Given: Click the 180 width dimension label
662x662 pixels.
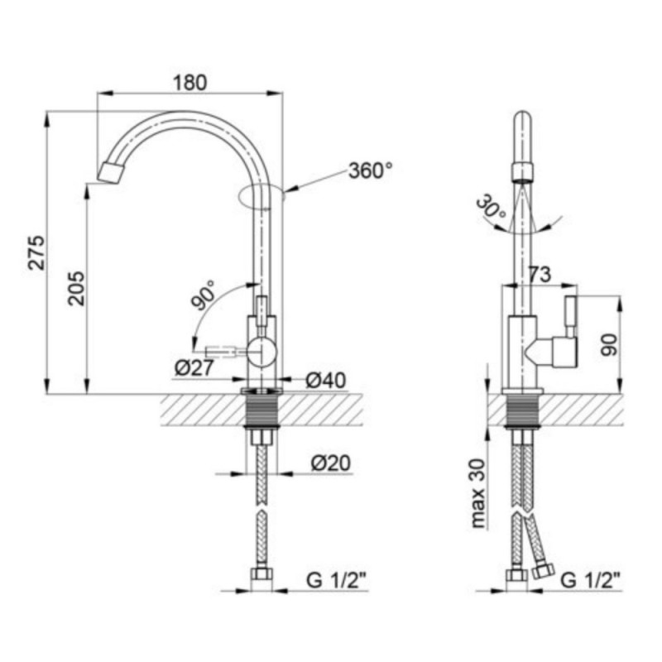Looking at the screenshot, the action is point(189,83).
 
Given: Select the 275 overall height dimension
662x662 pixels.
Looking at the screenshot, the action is point(36,252).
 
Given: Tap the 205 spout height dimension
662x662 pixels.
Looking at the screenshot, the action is point(77,288).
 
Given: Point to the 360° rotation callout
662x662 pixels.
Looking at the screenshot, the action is point(370,170).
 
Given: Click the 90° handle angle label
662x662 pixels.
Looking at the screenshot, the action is point(204,295).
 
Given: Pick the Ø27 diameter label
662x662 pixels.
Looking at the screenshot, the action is point(194,368).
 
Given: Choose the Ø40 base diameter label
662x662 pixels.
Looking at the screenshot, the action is point(325,381).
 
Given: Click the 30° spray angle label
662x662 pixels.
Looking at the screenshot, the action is point(491,205).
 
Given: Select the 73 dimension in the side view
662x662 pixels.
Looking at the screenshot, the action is point(540,275).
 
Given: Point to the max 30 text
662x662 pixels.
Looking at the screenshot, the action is point(478,493).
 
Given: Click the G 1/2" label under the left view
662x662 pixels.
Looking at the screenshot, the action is point(336,581).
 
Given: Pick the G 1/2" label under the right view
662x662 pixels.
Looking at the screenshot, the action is point(590,581).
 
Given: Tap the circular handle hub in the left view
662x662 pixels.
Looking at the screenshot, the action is point(261,352).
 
